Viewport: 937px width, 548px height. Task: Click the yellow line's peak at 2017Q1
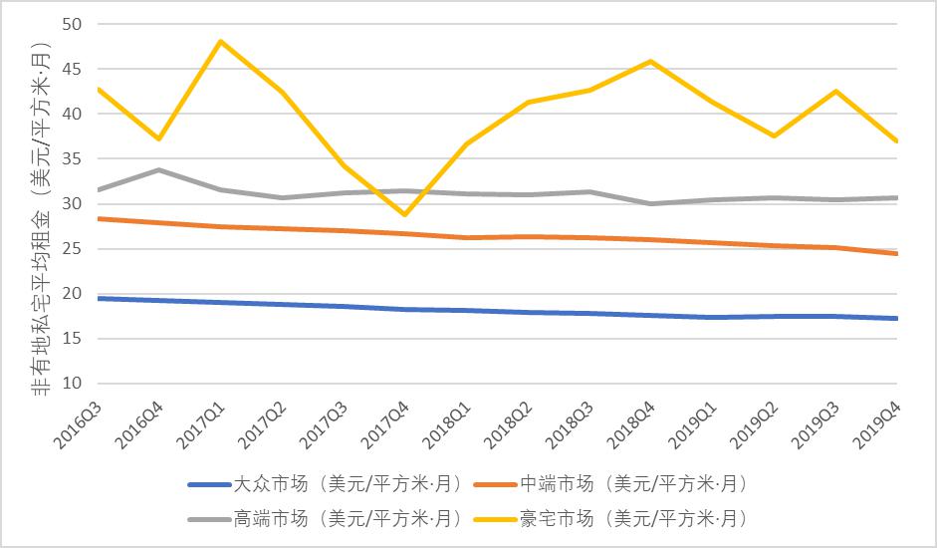click(x=220, y=41)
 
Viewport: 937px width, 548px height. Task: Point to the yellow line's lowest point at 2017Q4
click(x=405, y=214)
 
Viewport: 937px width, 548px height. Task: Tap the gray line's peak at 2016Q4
click(x=158, y=169)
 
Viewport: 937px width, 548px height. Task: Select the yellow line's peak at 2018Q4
click(x=651, y=61)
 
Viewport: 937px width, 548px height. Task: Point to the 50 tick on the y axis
click(x=72, y=24)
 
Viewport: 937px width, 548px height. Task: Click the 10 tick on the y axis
click(x=72, y=384)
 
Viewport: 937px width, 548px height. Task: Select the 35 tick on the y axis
click(x=72, y=159)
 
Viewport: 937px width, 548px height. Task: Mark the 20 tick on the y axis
click(x=72, y=294)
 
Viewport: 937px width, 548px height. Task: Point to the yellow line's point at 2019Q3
click(x=836, y=91)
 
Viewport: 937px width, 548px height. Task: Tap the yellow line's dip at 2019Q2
click(x=775, y=136)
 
